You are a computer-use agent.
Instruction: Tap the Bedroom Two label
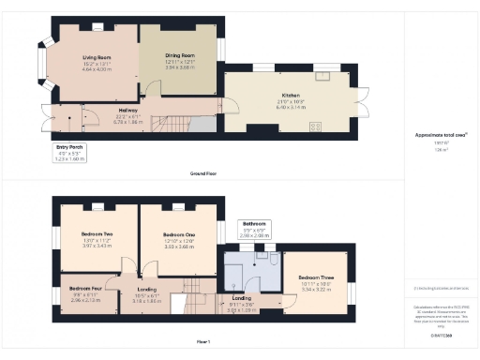96,233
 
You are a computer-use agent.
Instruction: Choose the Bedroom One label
178,234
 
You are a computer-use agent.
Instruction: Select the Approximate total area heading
441,135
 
